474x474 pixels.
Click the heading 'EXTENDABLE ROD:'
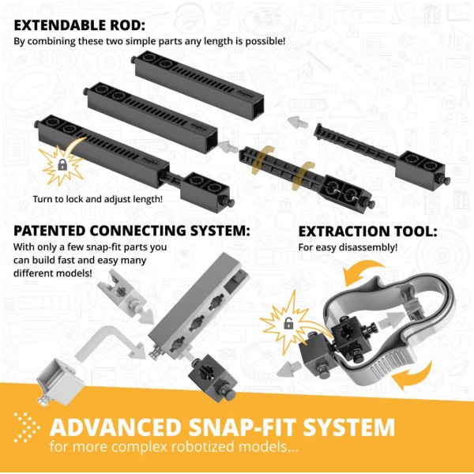click(x=80, y=25)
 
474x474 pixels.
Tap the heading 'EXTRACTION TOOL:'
click(x=367, y=231)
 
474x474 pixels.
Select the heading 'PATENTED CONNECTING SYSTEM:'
click(x=132, y=231)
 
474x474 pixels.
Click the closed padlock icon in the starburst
click(x=62, y=165)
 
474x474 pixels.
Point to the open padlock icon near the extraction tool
click(x=288, y=324)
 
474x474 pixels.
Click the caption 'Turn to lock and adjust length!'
click(x=98, y=199)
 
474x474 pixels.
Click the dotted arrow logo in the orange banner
click(x=27, y=427)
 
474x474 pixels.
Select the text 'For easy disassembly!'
click(x=348, y=247)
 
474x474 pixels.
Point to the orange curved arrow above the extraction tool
click(x=363, y=272)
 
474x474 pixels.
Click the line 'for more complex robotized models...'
click(x=174, y=447)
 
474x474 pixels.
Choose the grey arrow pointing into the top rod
click(x=298, y=122)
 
